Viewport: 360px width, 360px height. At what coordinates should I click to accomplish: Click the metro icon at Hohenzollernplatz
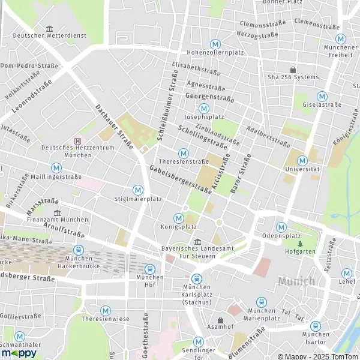[215, 44]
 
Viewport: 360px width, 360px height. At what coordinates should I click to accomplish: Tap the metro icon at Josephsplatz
[205, 109]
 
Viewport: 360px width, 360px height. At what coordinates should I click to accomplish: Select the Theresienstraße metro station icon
[184, 154]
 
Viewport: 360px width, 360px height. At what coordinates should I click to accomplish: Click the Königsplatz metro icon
[178, 218]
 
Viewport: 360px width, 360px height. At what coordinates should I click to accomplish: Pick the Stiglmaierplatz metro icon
[138, 190]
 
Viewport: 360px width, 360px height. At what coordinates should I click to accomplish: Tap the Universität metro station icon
[302, 160]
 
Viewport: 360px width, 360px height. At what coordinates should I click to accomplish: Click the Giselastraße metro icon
[322, 96]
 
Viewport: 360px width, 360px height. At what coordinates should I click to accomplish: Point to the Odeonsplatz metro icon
[281, 227]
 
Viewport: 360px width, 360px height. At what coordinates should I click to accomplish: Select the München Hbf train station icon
[149, 269]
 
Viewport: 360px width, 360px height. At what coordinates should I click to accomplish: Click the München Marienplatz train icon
[261, 302]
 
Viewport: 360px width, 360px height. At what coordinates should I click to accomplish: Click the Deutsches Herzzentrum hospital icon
[77, 141]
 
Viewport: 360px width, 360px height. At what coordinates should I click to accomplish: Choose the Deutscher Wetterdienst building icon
[50, 28]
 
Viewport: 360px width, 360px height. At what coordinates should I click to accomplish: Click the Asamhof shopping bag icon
[220, 320]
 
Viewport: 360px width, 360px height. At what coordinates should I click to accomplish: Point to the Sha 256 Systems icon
[293, 70]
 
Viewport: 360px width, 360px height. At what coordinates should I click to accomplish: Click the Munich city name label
[296, 281]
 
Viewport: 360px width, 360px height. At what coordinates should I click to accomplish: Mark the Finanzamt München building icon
[57, 212]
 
